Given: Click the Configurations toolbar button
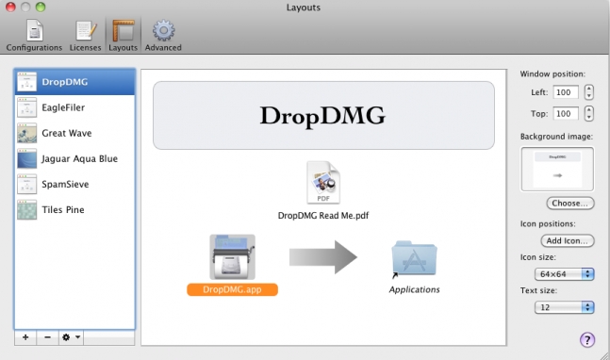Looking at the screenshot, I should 34,35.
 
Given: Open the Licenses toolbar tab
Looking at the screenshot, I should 85,35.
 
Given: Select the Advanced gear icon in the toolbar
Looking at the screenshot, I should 163,35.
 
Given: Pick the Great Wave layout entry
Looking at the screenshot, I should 65,133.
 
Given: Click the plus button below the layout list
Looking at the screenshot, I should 25,336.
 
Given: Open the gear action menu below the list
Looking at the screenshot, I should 71,336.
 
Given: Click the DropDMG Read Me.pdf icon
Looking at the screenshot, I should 323,184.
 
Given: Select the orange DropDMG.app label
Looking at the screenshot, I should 232,289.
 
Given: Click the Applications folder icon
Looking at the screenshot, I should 414,257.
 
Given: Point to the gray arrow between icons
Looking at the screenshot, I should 322,257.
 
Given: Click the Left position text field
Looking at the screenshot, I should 566,92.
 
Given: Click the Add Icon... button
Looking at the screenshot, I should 569,241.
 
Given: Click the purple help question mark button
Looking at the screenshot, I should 587,339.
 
